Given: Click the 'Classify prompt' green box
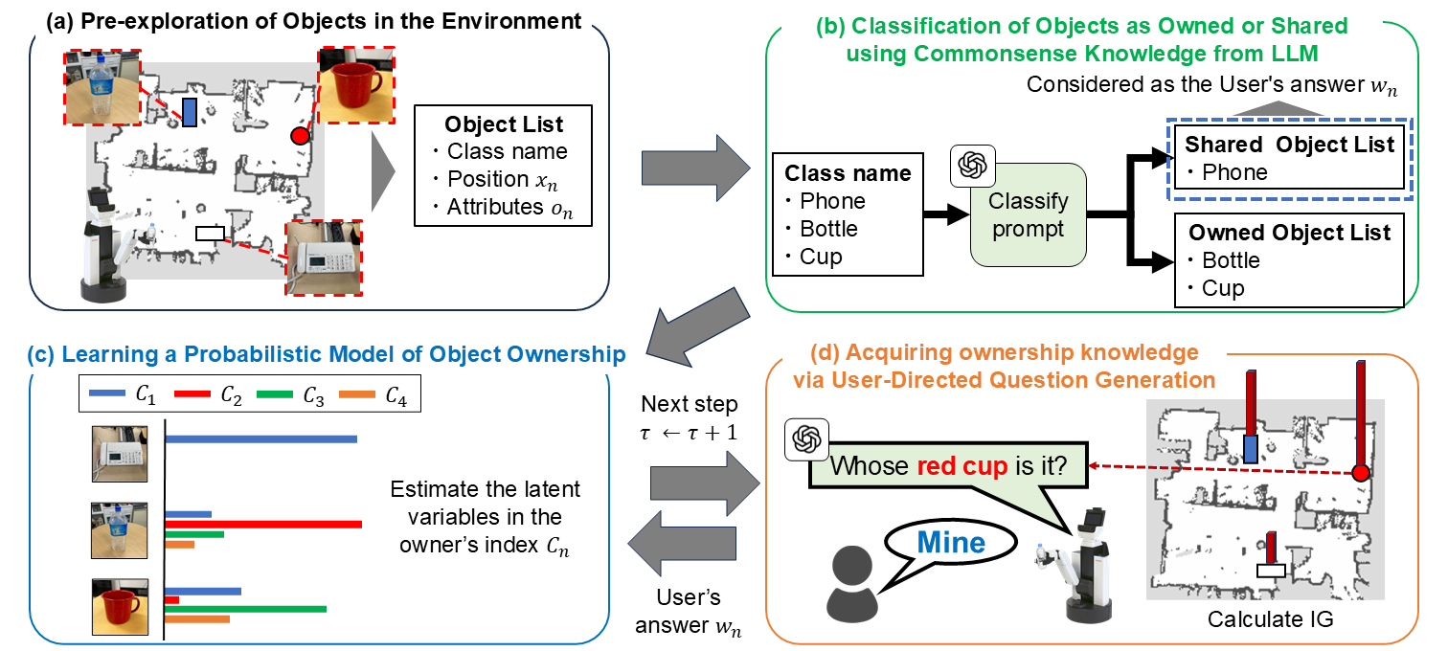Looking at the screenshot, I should tap(1028, 215).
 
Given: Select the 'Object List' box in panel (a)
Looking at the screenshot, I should tap(504, 166).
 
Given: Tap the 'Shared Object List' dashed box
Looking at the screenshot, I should tap(1289, 159).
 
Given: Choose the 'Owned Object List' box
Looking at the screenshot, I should tap(1289, 259).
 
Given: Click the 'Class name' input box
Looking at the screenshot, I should tap(847, 214).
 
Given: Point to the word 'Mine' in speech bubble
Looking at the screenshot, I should tap(950, 543).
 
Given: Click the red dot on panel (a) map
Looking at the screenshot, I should tap(300, 137).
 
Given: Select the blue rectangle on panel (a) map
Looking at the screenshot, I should tap(190, 112).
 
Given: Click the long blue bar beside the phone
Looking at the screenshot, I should tap(261, 438).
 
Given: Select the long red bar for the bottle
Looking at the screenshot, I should tap(263, 524).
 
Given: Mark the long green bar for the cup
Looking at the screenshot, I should tap(246, 609).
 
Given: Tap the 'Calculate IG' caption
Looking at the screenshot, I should tap(1270, 619).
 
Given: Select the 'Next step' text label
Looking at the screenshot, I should tap(689, 403).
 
